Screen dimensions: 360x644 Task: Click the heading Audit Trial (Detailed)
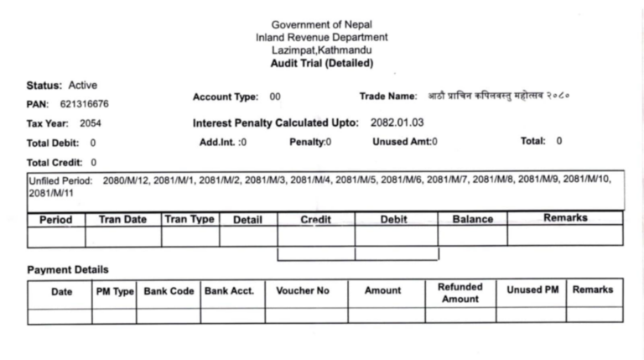(x=322, y=63)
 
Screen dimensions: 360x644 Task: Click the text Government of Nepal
(x=322, y=25)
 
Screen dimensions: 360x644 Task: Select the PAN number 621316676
(x=84, y=105)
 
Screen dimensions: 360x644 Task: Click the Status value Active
(x=83, y=86)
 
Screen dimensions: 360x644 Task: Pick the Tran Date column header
(x=122, y=219)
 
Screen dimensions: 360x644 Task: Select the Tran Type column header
(x=190, y=219)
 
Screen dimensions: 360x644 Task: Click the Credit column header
(x=315, y=219)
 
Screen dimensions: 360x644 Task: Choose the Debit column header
(x=395, y=219)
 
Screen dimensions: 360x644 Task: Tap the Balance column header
(x=472, y=219)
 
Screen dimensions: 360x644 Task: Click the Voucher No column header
(x=303, y=291)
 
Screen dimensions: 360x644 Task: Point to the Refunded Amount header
(x=460, y=292)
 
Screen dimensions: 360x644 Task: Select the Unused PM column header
(x=532, y=290)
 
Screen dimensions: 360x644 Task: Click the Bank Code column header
(x=168, y=290)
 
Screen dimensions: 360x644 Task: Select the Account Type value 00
(x=275, y=98)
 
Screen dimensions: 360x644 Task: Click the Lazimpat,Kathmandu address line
(x=322, y=50)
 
